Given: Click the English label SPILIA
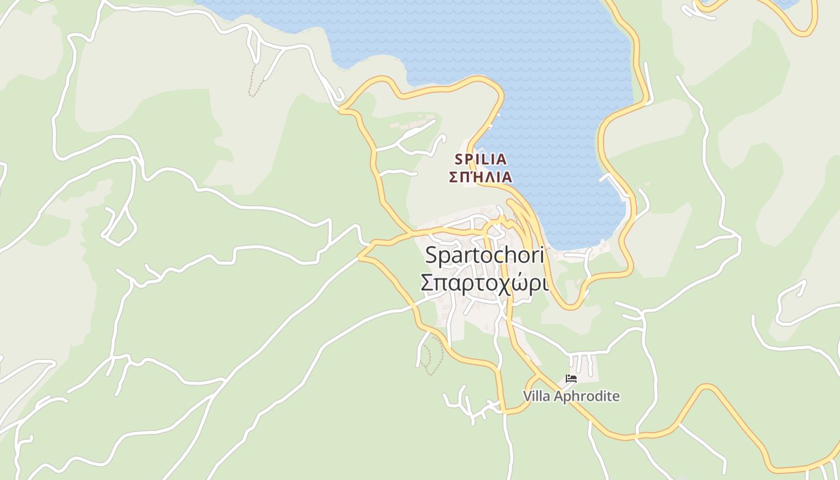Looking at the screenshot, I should pos(481,159).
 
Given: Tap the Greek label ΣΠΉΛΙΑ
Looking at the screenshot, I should pos(481,177).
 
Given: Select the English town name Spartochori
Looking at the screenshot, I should pos(484,255).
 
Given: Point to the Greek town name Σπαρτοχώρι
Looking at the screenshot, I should pos(484,282).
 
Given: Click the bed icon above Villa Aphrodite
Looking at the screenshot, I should pos(571,379).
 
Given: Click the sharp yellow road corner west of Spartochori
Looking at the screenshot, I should pos(360,256).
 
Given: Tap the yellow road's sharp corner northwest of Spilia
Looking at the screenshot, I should pos(341,110).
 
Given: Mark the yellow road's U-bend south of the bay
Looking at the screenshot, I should pos(570,307).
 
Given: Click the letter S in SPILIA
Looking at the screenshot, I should pos(460,159).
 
